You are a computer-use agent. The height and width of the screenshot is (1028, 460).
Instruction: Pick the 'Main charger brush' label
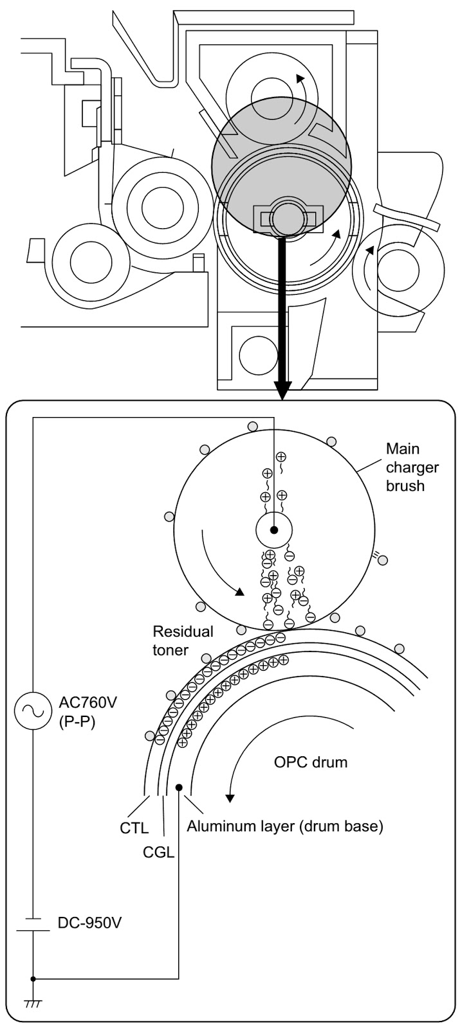(412, 467)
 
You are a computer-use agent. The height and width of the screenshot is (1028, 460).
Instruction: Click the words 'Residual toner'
(183, 641)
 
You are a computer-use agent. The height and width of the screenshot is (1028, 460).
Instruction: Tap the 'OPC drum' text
(311, 762)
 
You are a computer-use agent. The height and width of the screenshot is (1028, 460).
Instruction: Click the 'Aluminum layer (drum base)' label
(285, 826)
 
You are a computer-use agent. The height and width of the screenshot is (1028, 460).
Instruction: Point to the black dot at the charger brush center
(274, 530)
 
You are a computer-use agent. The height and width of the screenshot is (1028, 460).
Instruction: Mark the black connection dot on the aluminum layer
(179, 788)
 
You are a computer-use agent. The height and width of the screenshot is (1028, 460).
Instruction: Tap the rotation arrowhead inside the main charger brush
(239, 592)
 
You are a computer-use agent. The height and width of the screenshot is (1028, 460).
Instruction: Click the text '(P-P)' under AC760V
(77, 723)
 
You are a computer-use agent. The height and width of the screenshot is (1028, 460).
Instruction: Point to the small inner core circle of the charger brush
(274, 530)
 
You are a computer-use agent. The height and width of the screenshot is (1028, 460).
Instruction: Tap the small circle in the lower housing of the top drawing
(258, 355)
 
